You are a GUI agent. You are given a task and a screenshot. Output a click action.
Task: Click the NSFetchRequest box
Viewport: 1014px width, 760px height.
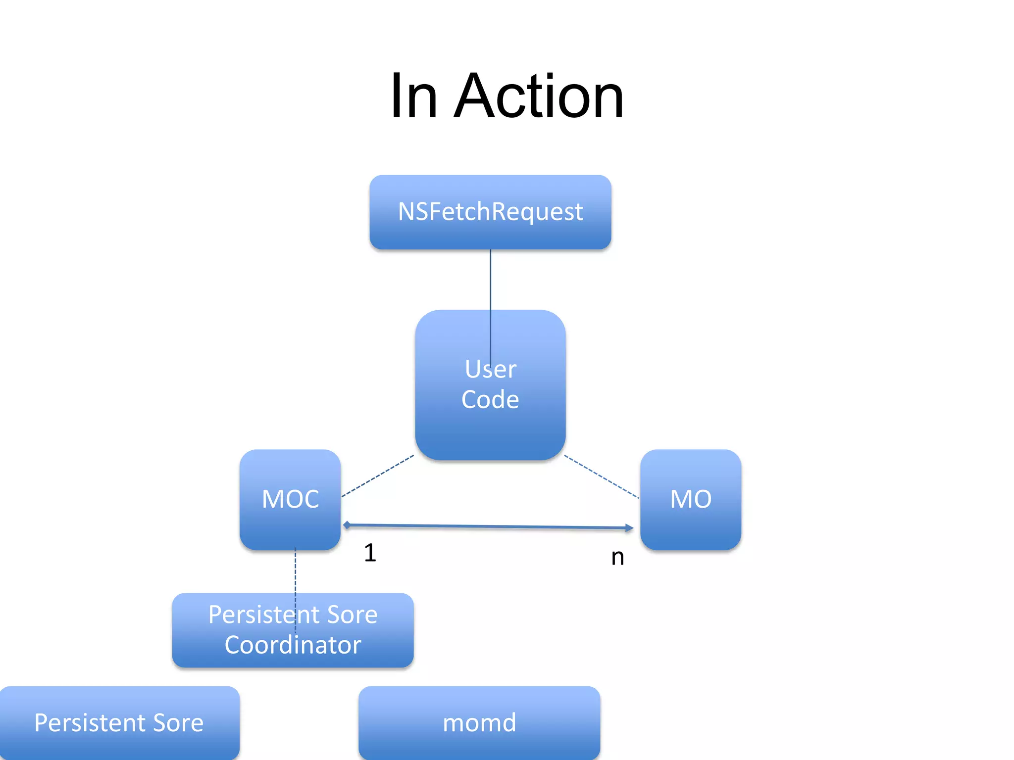(490, 212)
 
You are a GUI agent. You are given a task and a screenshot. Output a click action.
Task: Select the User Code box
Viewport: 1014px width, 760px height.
(490, 426)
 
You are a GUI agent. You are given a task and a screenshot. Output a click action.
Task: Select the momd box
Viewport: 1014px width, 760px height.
(479, 722)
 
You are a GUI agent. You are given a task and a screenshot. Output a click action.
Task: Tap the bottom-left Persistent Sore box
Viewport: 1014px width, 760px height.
(119, 722)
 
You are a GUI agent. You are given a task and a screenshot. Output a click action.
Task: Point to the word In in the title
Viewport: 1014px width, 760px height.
(414, 96)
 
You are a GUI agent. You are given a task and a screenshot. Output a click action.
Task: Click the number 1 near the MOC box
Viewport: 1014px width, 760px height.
(370, 553)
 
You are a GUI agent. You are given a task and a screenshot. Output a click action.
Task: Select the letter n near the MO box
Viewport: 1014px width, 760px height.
(617, 558)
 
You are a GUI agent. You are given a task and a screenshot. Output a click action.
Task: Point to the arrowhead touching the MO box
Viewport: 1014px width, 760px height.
(629, 528)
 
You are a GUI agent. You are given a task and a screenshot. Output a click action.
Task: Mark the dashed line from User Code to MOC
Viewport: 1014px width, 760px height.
(377, 475)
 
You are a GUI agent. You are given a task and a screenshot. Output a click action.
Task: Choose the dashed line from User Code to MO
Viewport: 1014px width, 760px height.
(602, 476)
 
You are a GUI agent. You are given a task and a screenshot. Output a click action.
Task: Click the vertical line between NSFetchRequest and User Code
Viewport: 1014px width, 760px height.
(490, 280)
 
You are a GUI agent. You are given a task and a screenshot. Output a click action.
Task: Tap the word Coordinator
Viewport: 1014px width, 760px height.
(293, 645)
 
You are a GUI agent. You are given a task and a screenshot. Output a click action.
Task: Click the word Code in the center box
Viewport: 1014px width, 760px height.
(490, 399)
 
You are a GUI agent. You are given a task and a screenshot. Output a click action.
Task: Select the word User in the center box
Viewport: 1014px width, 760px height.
(490, 369)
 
